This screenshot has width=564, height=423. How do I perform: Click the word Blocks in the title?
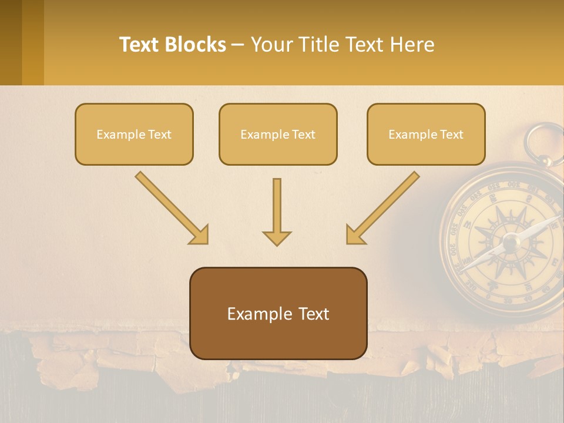click(197, 45)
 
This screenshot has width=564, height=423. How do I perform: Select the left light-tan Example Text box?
click(134, 134)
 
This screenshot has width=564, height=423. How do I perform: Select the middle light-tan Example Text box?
click(278, 134)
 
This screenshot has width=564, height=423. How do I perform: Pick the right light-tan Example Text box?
click(426, 134)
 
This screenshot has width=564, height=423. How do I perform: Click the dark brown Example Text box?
click(278, 313)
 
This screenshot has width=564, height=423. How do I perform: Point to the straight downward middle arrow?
click(277, 206)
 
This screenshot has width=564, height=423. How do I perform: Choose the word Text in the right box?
click(452, 134)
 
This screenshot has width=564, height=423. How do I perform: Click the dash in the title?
click(239, 45)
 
